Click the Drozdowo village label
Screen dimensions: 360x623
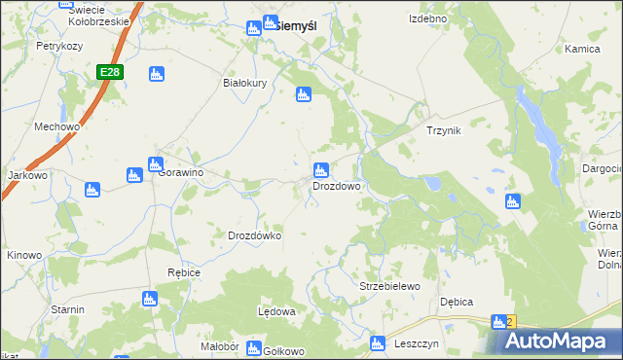[337, 185]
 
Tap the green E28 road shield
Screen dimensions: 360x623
[110, 72]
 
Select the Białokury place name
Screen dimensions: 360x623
[245, 83]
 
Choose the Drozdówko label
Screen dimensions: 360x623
[254, 235]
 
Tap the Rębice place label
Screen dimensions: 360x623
[183, 272]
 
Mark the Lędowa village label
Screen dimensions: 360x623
[275, 311]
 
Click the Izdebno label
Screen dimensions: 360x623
[427, 18]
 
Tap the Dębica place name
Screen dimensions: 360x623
[457, 302]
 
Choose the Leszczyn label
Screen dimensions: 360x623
[419, 343]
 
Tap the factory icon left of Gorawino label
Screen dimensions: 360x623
[134, 175]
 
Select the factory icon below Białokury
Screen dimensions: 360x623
[302, 94]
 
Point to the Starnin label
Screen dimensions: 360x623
[68, 308]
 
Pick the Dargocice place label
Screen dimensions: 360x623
[603, 168]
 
